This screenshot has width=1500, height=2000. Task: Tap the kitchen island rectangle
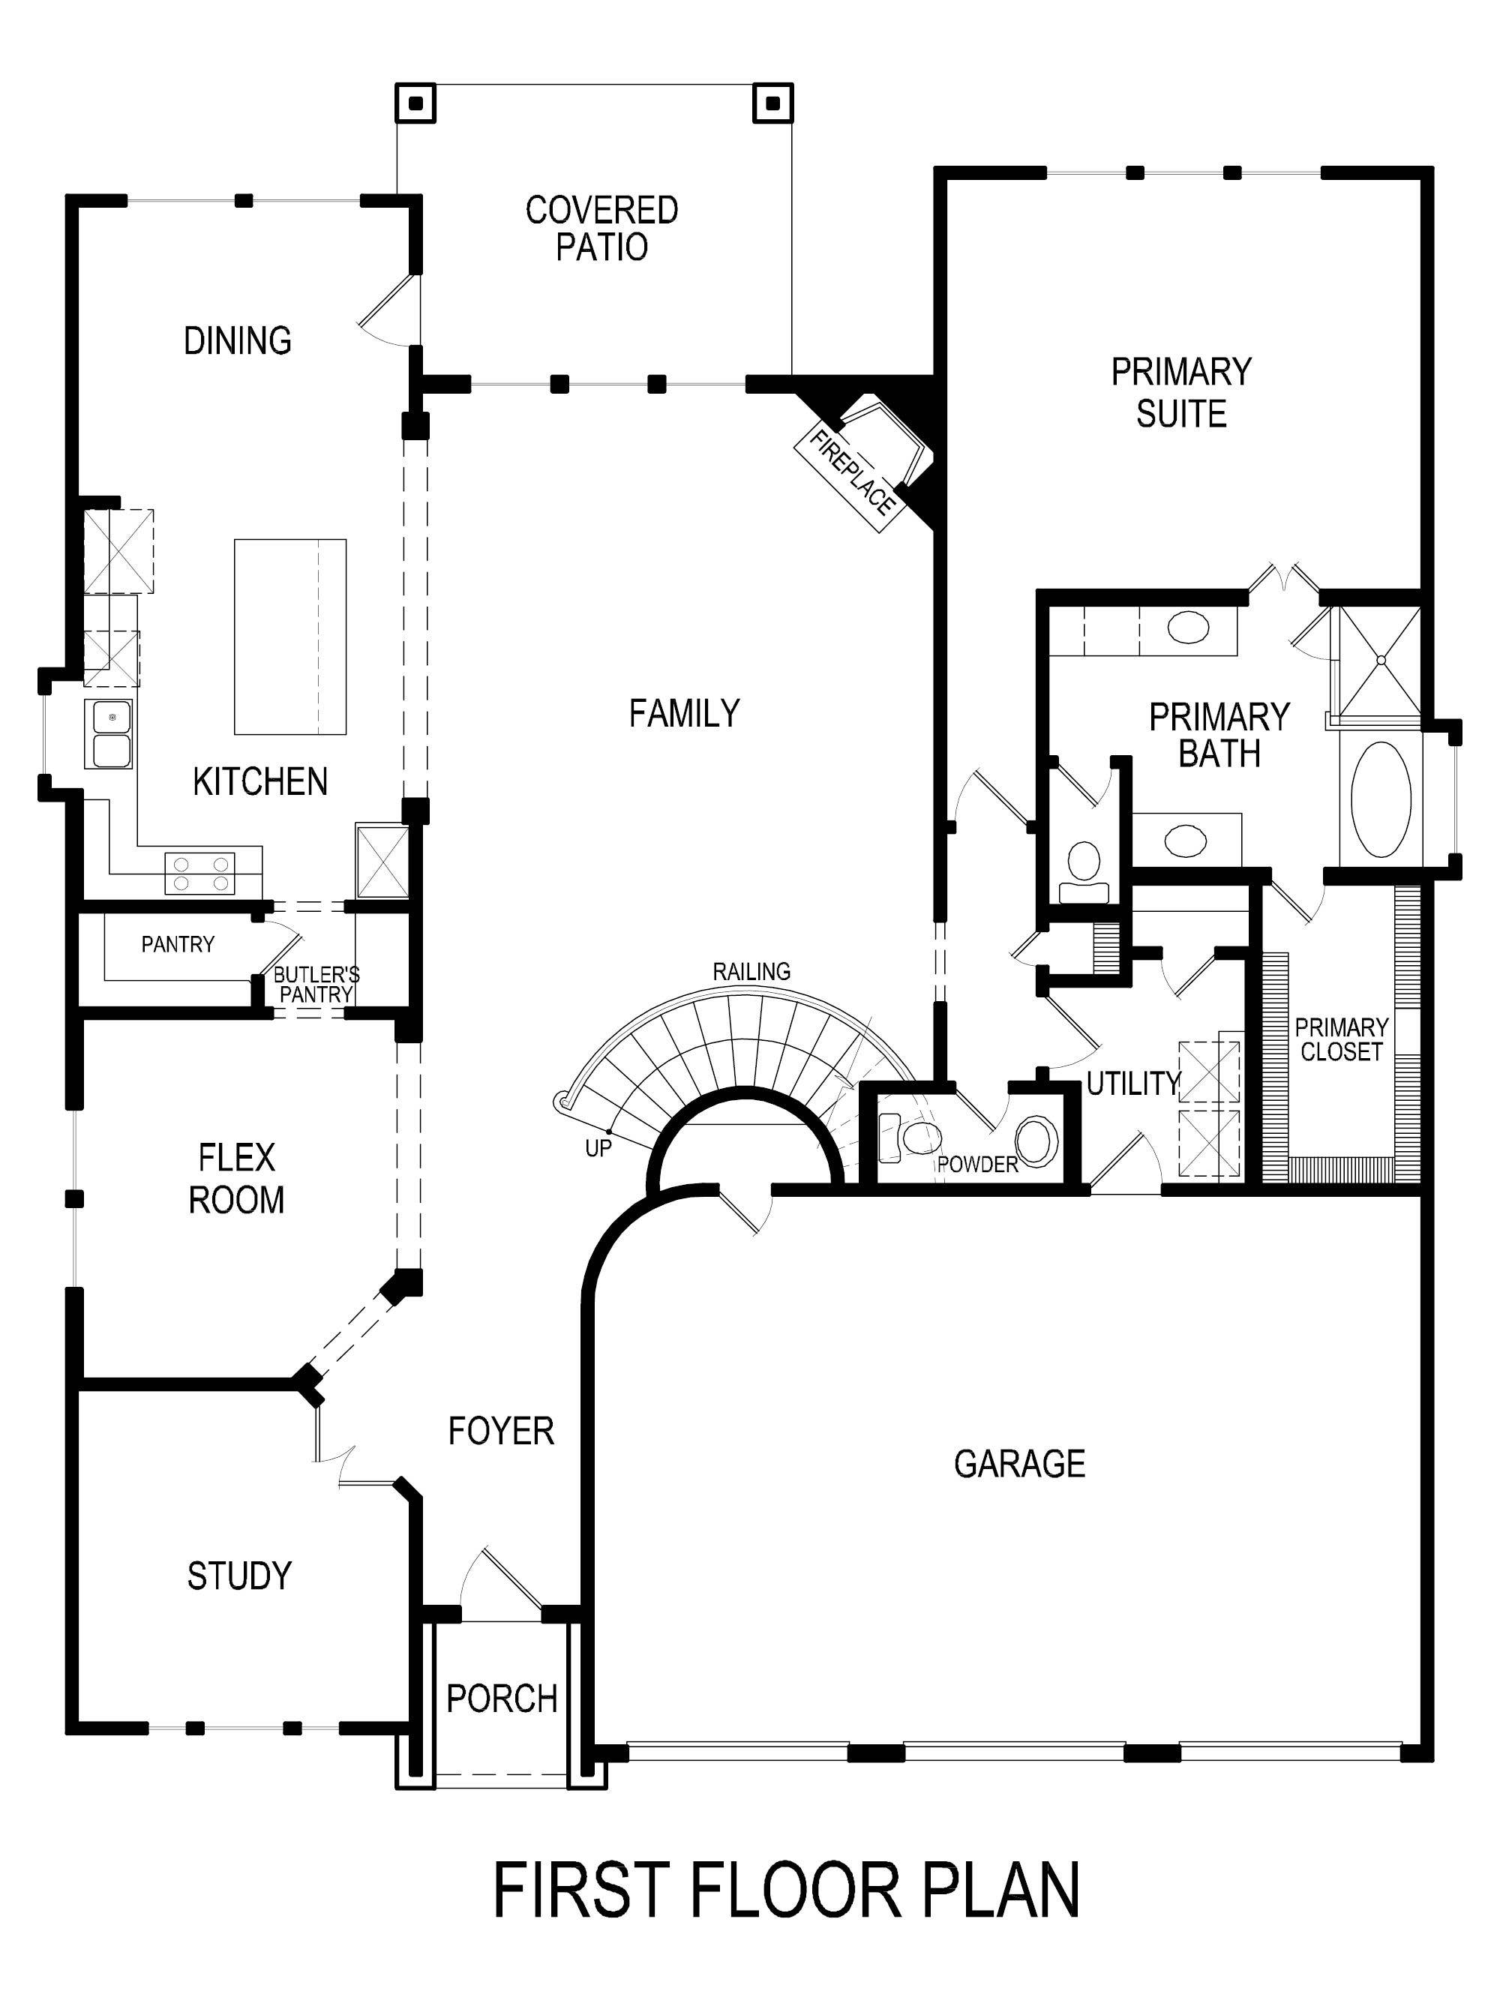point(290,637)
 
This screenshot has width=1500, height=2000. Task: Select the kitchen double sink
point(109,733)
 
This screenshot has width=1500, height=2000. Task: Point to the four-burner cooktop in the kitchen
point(199,874)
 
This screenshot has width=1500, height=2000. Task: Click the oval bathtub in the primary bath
point(1380,799)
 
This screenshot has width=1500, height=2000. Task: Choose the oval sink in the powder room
point(1036,1141)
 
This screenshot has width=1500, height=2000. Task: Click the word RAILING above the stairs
point(751,971)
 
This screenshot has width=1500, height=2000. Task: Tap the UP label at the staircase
point(598,1148)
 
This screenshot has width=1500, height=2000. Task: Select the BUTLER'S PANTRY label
point(316,985)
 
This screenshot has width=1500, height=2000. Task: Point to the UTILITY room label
point(1133,1083)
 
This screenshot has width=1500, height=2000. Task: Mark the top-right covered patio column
point(773,103)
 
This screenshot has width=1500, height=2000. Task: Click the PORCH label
point(502,1699)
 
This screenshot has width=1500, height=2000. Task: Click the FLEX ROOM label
point(236,1179)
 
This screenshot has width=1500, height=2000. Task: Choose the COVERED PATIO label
point(601,228)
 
